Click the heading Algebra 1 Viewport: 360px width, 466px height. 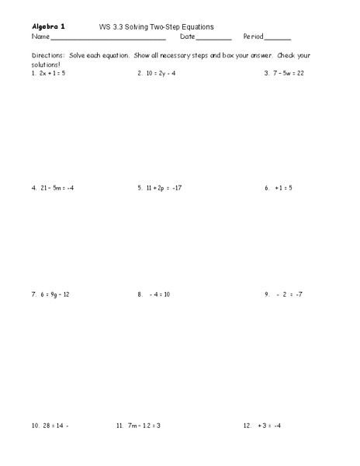48,26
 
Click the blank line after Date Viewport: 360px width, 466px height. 214,37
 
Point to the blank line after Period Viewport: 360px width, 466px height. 278,37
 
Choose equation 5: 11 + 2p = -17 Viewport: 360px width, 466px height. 160,187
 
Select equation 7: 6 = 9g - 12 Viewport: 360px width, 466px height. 52,294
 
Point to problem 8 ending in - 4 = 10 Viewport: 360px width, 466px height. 154,294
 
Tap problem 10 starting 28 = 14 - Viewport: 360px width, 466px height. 50,426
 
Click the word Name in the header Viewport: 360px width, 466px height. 40,37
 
